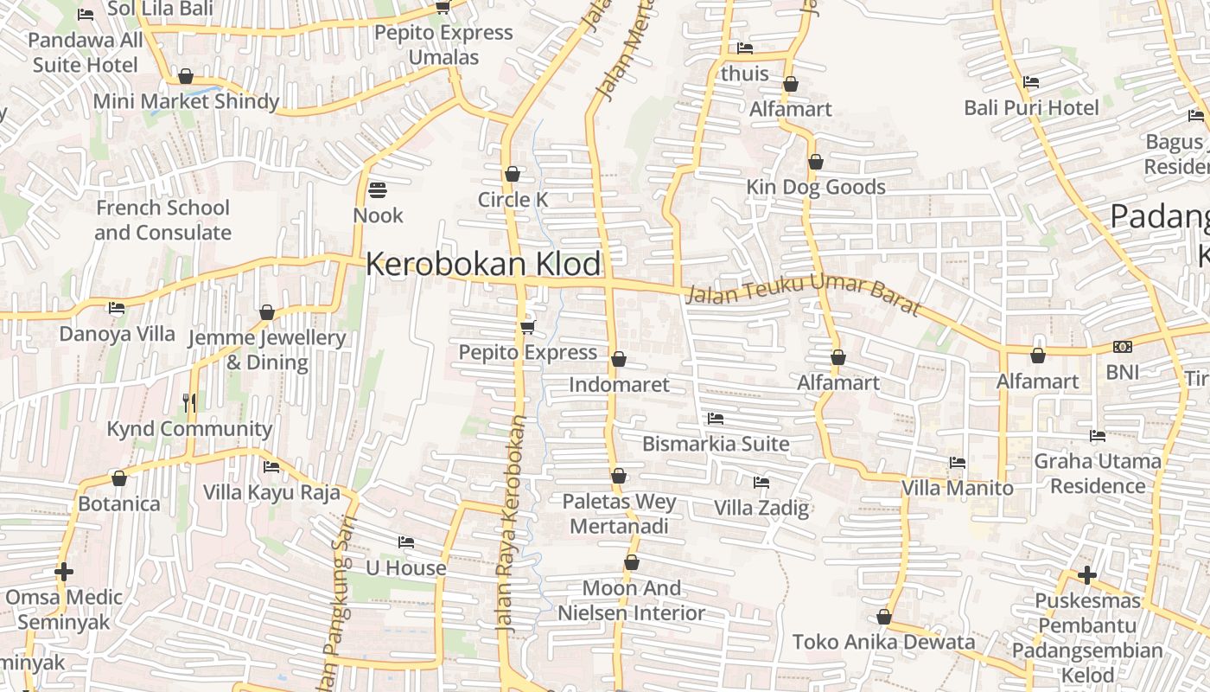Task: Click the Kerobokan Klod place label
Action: (483, 264)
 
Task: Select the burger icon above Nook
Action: (378, 189)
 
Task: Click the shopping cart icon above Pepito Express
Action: (528, 326)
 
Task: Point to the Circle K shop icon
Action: (513, 174)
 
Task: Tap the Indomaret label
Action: (619, 384)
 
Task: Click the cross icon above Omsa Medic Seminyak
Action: (64, 572)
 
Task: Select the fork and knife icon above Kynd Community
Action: (189, 402)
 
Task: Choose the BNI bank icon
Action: (1123, 347)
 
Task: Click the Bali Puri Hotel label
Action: (1032, 108)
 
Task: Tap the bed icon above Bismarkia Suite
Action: (716, 419)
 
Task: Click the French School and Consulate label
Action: (162, 220)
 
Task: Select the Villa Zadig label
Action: (761, 508)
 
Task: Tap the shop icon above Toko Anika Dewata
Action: (883, 617)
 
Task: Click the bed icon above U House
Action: (405, 542)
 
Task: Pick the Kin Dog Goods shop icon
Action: (815, 162)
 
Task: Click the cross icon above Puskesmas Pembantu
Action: (1087, 574)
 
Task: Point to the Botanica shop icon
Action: (119, 478)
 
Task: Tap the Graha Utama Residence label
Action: (1098, 473)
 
